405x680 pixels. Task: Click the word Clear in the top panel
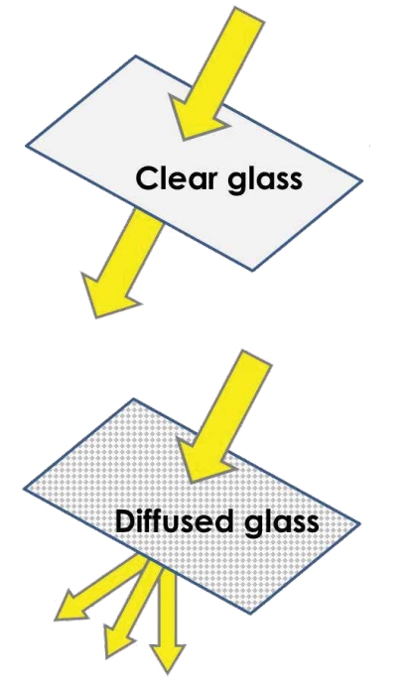pos(180,178)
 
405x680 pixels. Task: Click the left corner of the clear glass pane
pos(26,146)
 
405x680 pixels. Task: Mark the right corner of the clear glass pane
pos(361,180)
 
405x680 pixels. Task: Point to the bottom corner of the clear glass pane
pos(253,271)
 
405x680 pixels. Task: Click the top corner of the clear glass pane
pos(136,56)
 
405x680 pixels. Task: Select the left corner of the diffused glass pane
pos(24,490)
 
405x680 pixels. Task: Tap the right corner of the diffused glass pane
pos(359,523)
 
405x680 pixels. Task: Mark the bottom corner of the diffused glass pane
pos(251,614)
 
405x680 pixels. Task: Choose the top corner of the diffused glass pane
pos(132,398)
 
